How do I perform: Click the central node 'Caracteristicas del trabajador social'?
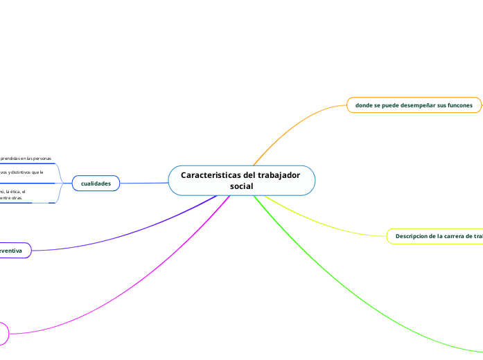[x=241, y=181]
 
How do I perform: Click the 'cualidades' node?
[x=96, y=183]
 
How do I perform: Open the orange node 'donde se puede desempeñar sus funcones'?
[x=414, y=105]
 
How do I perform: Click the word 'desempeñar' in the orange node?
[x=410, y=105]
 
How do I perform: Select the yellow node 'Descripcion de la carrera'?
[x=437, y=236]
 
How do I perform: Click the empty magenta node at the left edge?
[x=3, y=333]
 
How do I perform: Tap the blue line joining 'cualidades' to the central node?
[x=144, y=183]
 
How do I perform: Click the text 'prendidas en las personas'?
[x=26, y=158]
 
